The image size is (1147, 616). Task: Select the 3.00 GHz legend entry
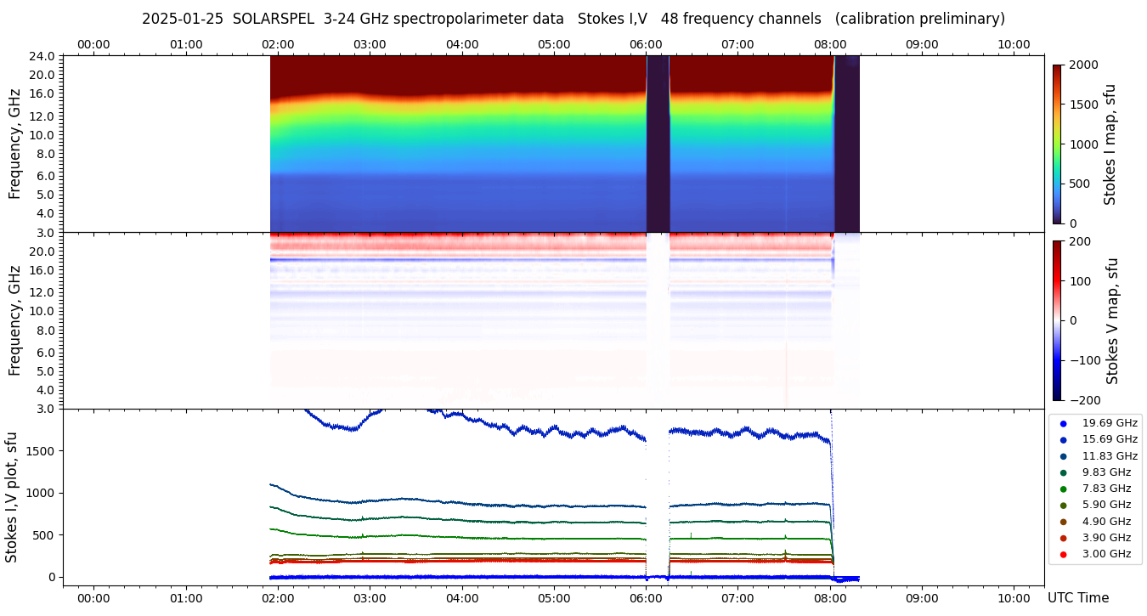1106,555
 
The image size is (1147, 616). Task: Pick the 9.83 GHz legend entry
1106,472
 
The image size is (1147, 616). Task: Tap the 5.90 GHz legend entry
1106,506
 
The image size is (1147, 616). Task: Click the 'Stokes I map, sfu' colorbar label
1110,144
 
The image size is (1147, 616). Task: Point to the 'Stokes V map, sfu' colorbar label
1112,321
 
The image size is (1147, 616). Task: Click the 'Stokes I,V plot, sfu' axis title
12,497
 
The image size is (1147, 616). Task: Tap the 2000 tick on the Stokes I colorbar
1083,65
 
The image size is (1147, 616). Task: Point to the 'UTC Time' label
1078,598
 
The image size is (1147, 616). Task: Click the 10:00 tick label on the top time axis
1014,44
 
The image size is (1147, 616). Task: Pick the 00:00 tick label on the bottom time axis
93,598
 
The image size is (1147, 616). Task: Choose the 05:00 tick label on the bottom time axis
554,598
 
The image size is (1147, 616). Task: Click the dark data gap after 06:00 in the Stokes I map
658,144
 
